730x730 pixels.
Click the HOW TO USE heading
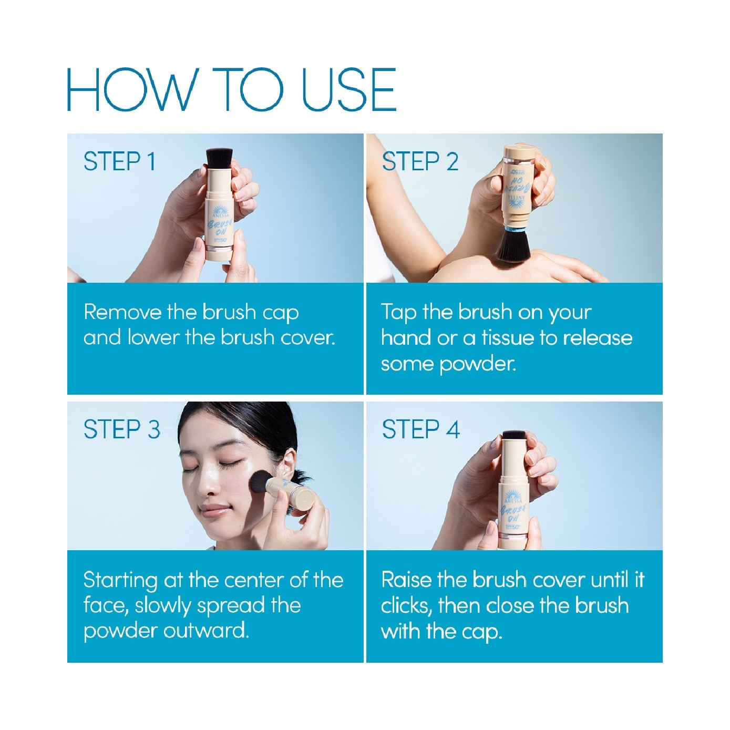pyautogui.click(x=231, y=89)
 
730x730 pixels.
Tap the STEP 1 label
pyautogui.click(x=120, y=161)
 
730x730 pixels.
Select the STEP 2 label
pyautogui.click(x=420, y=161)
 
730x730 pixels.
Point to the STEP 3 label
pyautogui.click(x=121, y=429)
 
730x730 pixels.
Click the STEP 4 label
pyautogui.click(x=420, y=429)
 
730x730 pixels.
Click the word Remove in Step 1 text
pyautogui.click(x=122, y=312)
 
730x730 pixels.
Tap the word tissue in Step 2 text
pyautogui.click(x=507, y=338)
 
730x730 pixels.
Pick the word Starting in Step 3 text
pyautogui.click(x=120, y=581)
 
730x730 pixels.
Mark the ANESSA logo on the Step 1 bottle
pyautogui.click(x=220, y=211)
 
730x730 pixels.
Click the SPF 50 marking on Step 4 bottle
pyautogui.click(x=512, y=526)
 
